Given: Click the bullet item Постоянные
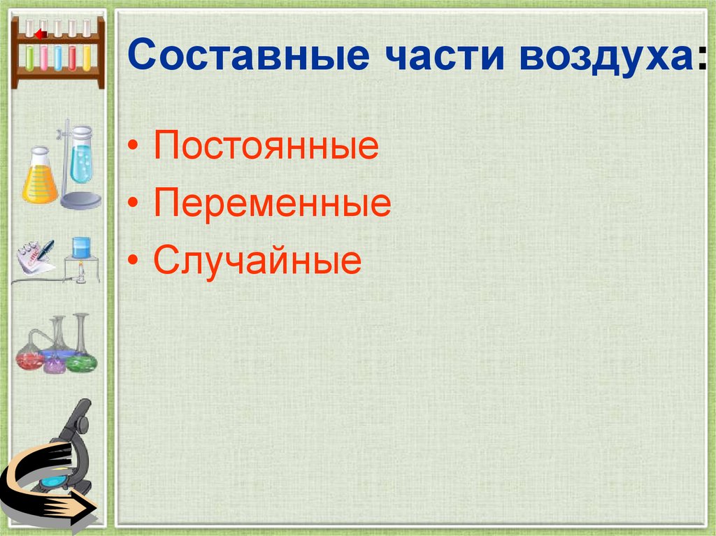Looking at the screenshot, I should click(266, 148).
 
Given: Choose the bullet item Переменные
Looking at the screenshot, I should click(272, 205).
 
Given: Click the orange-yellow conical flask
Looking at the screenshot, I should click(39, 180).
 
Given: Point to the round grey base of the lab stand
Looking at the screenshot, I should click(80, 201).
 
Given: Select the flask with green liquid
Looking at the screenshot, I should click(82, 361).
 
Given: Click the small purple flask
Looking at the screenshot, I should click(55, 363).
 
